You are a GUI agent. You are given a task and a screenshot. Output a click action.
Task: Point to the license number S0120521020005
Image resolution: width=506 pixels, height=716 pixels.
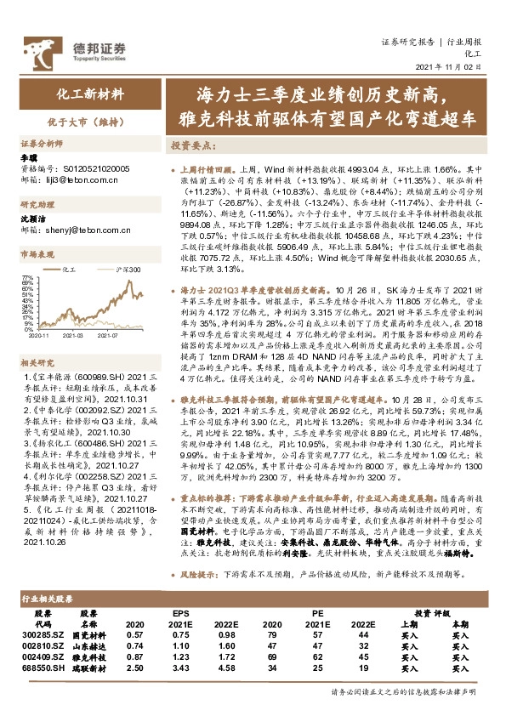pos(93,169)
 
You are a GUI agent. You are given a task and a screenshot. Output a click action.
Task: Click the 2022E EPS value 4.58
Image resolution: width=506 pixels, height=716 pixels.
pos(225,669)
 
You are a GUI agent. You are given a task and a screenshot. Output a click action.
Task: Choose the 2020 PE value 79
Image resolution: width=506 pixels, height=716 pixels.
pos(272,634)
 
